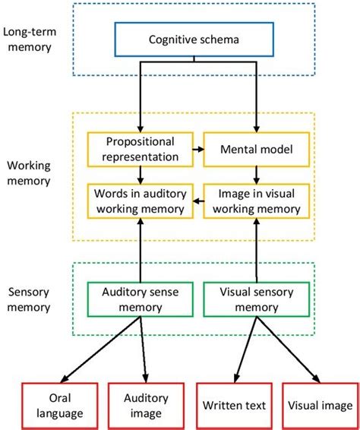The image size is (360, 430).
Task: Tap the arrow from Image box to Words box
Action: (197, 201)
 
